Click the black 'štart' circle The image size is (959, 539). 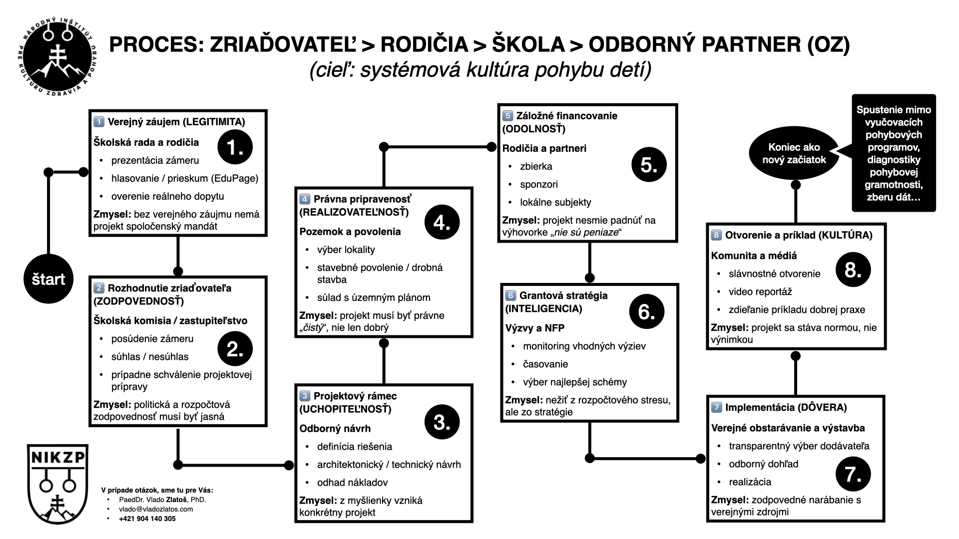(48, 279)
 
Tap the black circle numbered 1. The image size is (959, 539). (235, 147)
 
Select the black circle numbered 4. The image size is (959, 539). (442, 223)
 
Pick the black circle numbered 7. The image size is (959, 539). (853, 474)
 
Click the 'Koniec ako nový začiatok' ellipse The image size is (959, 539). (794, 154)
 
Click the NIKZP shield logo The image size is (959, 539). (57, 484)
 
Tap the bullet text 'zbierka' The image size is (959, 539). (536, 167)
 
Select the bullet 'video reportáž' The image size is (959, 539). (760, 292)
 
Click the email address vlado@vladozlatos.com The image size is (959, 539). (156, 510)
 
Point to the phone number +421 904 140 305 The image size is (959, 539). (147, 519)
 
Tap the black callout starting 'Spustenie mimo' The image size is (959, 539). (894, 153)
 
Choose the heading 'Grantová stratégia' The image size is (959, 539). (563, 295)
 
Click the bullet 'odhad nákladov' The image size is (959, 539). (352, 483)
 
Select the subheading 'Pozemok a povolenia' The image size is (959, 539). (350, 232)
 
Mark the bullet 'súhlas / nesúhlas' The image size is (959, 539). (150, 357)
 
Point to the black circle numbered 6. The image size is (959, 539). (647, 312)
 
